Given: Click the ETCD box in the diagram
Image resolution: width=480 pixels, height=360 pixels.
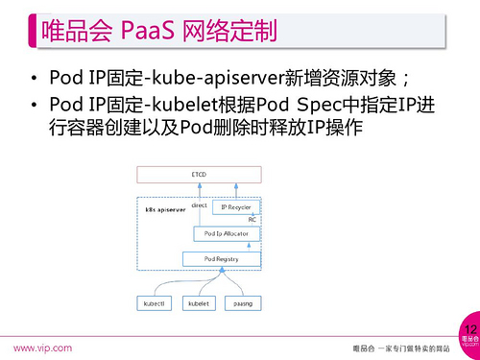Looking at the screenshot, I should click(x=199, y=174).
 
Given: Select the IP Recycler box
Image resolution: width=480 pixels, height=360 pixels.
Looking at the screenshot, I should click(x=236, y=206).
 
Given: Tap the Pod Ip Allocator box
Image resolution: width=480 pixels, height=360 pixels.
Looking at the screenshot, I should click(x=222, y=233).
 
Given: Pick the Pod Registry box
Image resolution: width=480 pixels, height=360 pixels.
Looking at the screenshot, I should click(x=222, y=258).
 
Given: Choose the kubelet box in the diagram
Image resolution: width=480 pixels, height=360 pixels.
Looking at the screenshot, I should click(x=199, y=302).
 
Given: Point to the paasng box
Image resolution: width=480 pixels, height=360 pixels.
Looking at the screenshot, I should click(x=243, y=302).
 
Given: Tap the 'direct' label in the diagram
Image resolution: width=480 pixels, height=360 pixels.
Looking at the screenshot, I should click(x=199, y=205).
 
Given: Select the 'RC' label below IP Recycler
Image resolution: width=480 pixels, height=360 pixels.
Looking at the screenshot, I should click(x=252, y=220).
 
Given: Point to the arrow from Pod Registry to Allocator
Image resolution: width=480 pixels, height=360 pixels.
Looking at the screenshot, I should click(x=222, y=246).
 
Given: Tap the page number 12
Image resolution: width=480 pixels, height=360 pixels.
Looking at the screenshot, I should click(x=468, y=329).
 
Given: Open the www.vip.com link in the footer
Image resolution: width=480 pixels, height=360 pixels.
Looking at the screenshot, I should click(x=42, y=346).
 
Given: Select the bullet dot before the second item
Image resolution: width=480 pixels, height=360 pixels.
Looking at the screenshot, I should click(x=35, y=105).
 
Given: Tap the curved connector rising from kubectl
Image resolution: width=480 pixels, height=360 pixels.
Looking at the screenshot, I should click(x=168, y=284).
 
